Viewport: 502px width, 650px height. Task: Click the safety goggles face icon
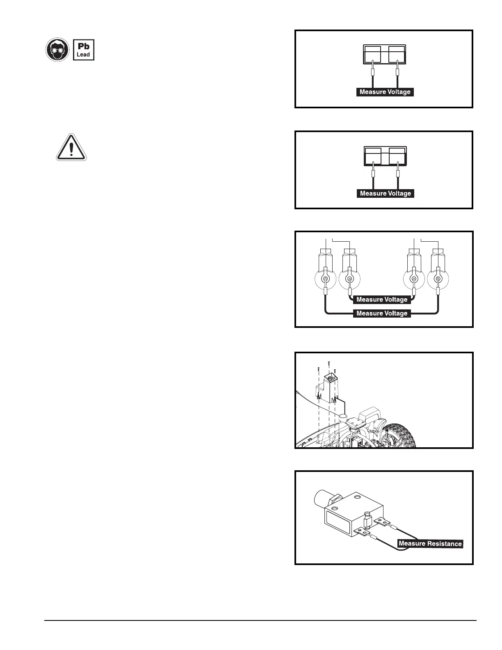[x=57, y=50]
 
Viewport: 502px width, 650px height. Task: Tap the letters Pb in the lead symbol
[x=84, y=46]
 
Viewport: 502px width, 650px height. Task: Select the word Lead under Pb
[x=84, y=55]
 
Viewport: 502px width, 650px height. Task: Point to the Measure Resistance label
[x=430, y=544]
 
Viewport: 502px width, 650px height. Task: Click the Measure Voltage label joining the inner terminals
[x=382, y=300]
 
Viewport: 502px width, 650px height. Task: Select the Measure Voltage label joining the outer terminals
[x=382, y=314]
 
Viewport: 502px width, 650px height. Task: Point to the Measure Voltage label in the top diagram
[x=385, y=92]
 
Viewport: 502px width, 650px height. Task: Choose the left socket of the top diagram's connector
[x=372, y=55]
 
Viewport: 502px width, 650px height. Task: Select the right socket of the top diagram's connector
[x=397, y=55]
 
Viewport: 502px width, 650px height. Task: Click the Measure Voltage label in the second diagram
[x=385, y=193]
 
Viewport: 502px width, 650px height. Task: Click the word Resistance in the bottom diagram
[x=445, y=544]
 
